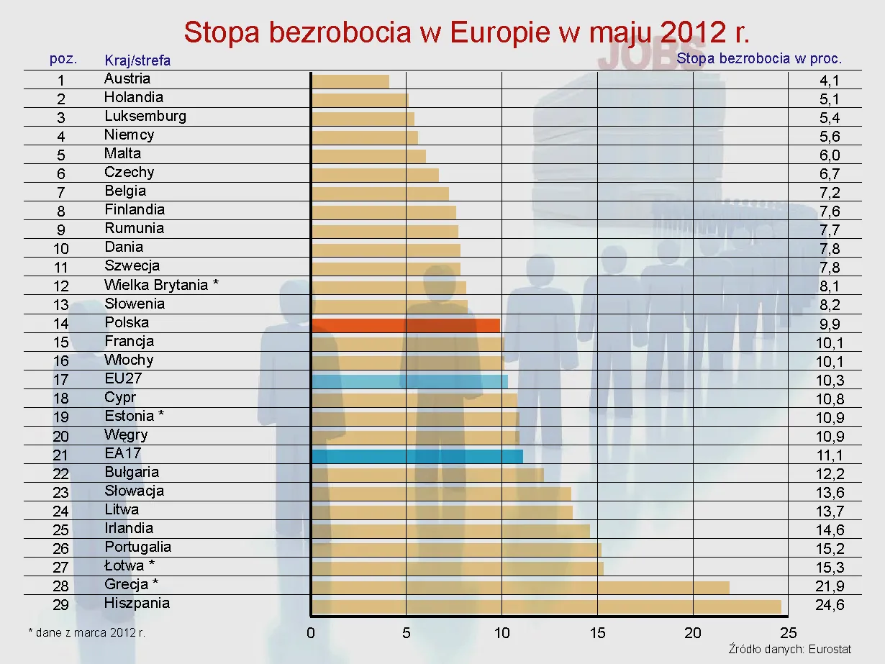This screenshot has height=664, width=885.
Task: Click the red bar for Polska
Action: pyautogui.click(x=405, y=325)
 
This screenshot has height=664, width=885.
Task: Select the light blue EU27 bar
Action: pyautogui.click(x=409, y=381)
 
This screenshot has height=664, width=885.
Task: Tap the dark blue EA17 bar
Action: pyautogui.click(x=417, y=456)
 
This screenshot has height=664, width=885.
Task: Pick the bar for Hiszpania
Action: pyautogui.click(x=545, y=606)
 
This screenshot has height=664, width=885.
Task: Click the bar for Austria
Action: pyautogui.click(x=350, y=81)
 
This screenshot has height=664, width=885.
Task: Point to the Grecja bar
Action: pyautogui.click(x=519, y=588)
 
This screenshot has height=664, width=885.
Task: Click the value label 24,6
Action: pyautogui.click(x=830, y=605)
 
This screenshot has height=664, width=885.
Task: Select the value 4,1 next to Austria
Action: pyautogui.click(x=830, y=81)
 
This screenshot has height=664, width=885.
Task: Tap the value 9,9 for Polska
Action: pyautogui.click(x=830, y=324)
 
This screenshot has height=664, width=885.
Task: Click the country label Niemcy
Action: pyautogui.click(x=129, y=135)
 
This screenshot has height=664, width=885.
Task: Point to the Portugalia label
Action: pyautogui.click(x=137, y=547)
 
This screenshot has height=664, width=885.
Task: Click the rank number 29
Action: pyautogui.click(x=61, y=605)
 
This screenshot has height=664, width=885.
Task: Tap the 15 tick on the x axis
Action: pyautogui.click(x=597, y=633)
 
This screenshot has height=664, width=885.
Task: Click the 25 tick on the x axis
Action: pyautogui.click(x=788, y=633)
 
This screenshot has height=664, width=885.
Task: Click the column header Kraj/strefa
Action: pyautogui.click(x=137, y=60)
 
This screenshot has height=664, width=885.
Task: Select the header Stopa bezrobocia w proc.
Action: pyautogui.click(x=759, y=59)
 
